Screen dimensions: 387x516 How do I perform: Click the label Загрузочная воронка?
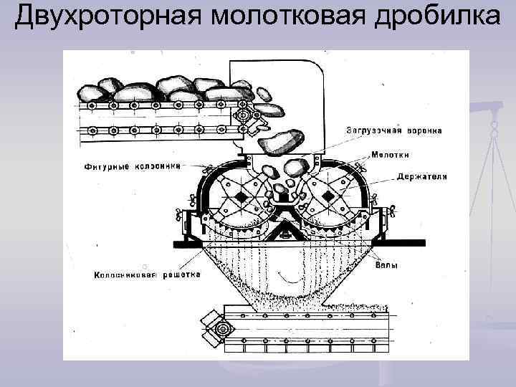(394, 130)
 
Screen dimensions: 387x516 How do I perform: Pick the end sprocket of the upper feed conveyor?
(246, 115)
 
